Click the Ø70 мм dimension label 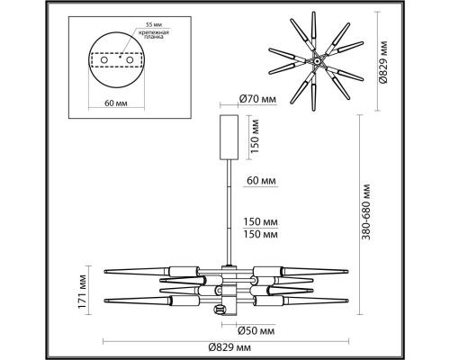point(257,99)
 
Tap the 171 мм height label point(82,292)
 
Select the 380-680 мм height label point(366,211)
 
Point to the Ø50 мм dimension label point(256,331)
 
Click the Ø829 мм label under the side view point(229,347)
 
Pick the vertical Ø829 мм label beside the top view point(383,62)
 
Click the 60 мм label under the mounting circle point(116,103)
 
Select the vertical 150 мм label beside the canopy point(255,136)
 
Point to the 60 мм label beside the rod point(261,181)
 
